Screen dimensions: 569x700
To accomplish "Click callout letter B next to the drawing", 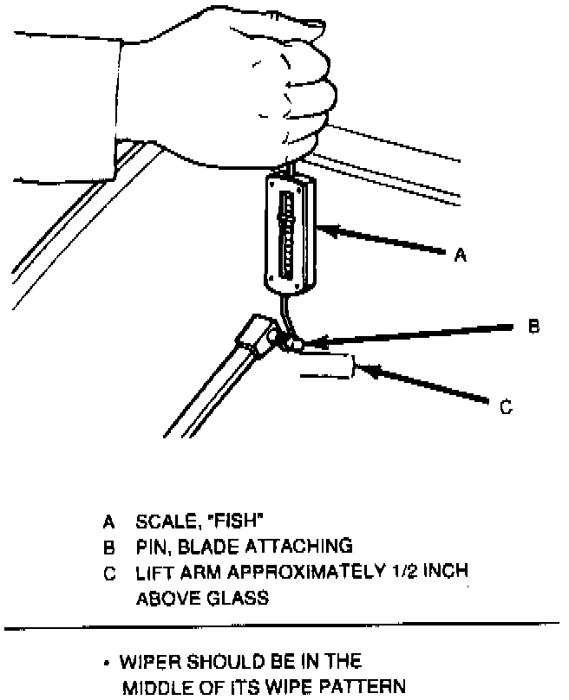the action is point(533,327).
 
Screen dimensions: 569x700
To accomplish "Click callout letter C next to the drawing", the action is point(507,405).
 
